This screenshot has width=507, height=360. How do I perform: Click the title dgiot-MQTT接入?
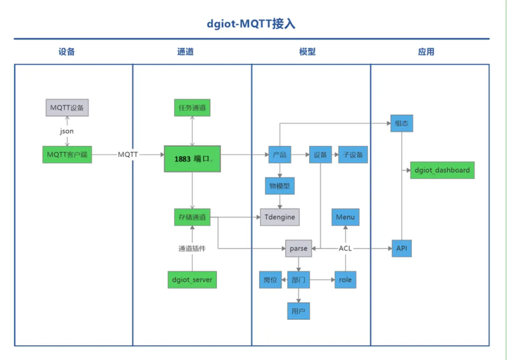pos(251,23)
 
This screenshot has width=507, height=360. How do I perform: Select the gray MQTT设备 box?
pos(67,108)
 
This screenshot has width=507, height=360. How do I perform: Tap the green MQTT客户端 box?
pos(67,154)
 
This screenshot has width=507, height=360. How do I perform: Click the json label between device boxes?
pos(67,131)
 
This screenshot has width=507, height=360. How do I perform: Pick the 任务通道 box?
pos(192,108)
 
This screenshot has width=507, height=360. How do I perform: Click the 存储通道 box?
pos(192,217)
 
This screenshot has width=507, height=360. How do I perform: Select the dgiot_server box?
pos(192,280)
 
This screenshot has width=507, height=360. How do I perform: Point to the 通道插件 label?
pos(192,249)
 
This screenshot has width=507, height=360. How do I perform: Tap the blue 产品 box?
pos(280,154)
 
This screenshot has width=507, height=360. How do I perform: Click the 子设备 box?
pos(353,154)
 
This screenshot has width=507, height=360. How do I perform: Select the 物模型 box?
pos(280,186)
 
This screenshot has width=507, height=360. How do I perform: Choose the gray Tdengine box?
pos(280,217)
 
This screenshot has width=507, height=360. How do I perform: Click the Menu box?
pos(345,217)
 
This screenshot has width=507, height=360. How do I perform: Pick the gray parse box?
pos(298,249)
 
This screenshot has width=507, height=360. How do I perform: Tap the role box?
pos(345,280)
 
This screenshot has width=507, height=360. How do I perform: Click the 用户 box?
pos(298,311)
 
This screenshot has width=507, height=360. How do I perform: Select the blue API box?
pos(401,249)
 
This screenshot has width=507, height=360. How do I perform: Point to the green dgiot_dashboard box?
pos(442,170)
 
